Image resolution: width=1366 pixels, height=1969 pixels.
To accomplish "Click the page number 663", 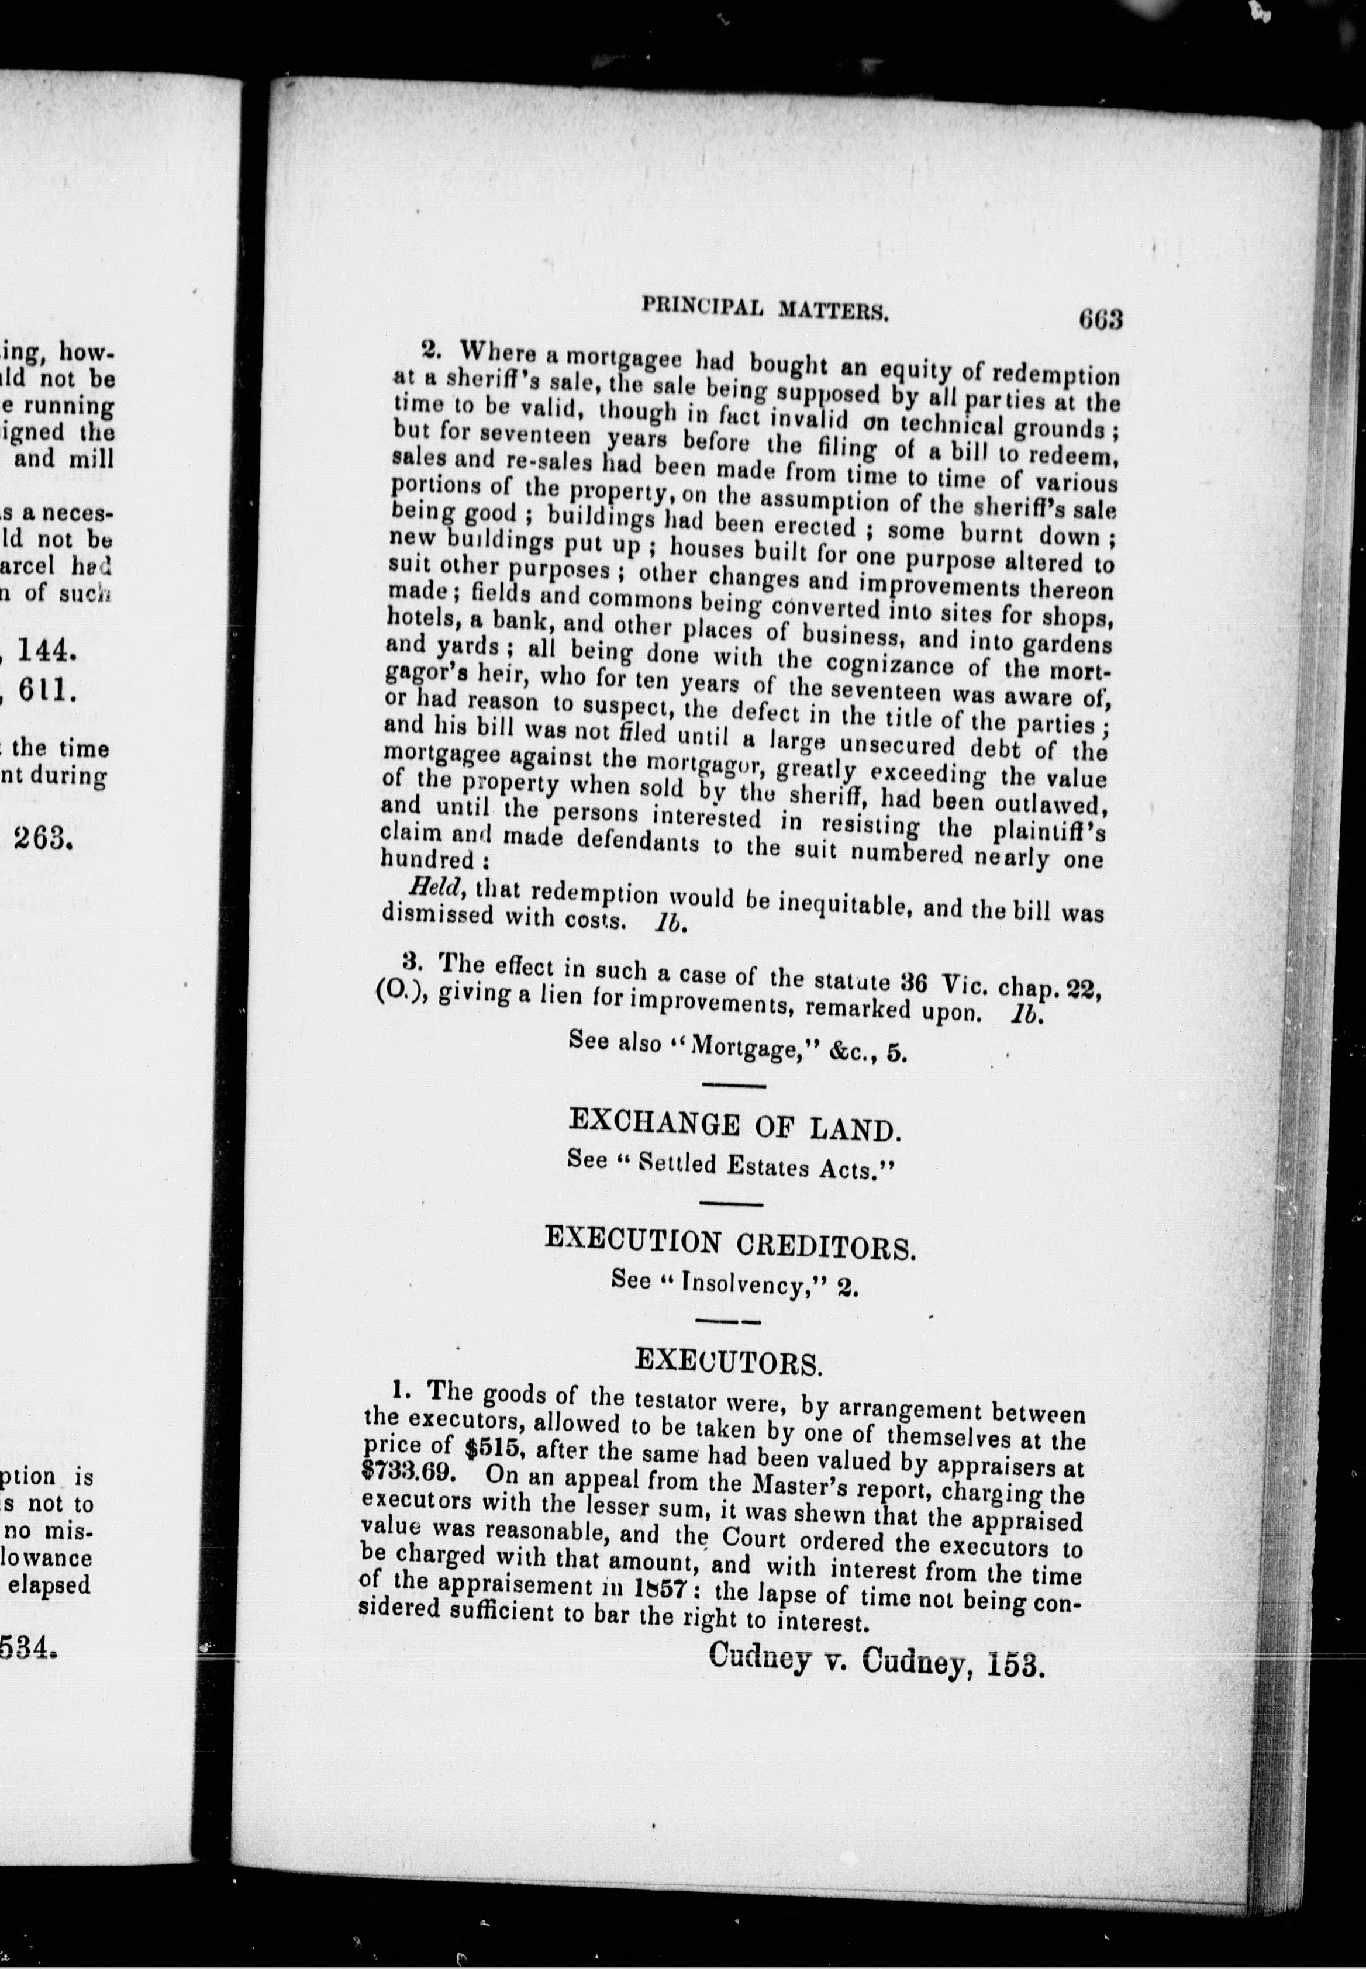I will [1100, 319].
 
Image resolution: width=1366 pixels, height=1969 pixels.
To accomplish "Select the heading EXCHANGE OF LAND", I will [734, 1124].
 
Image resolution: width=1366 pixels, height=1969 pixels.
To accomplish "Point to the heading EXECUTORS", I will [729, 1362].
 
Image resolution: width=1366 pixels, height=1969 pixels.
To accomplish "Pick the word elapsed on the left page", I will [49, 1585].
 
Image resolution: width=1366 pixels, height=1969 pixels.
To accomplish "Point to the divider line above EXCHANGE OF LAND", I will [733, 1086].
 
